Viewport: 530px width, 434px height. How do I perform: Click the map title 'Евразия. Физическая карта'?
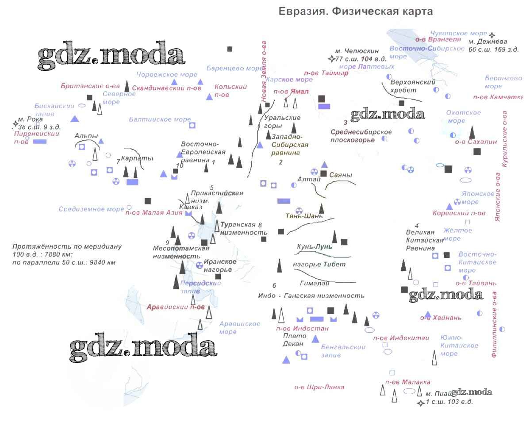click(356, 12)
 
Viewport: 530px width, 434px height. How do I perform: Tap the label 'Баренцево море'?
click(234, 69)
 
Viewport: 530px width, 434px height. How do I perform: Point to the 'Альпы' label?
click(86, 136)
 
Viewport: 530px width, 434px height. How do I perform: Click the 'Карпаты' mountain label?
click(137, 158)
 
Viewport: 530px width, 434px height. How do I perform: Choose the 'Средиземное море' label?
click(92, 209)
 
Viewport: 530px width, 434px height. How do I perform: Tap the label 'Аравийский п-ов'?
click(176, 307)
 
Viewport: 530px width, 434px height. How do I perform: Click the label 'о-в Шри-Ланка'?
click(319, 387)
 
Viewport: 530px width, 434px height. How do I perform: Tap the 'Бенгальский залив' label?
click(343, 351)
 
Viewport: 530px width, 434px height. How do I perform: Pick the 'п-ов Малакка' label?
click(407, 382)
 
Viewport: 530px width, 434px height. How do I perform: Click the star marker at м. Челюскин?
click(331, 59)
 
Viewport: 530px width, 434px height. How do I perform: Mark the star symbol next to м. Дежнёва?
click(492, 35)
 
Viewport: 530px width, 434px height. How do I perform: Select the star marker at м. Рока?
click(15, 124)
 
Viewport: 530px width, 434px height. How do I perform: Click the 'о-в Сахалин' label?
click(476, 142)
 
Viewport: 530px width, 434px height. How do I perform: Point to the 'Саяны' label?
click(341, 175)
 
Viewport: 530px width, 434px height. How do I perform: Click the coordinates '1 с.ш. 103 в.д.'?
click(449, 402)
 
